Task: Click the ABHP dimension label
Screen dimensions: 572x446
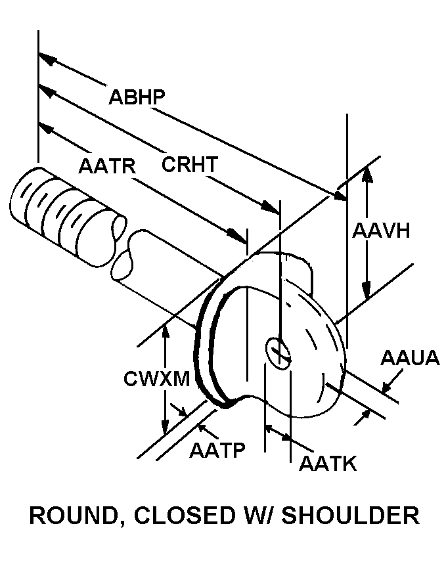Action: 137,97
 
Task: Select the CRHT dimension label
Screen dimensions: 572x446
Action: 189,164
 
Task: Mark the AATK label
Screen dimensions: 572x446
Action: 327,464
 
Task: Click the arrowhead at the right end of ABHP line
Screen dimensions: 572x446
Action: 338,196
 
